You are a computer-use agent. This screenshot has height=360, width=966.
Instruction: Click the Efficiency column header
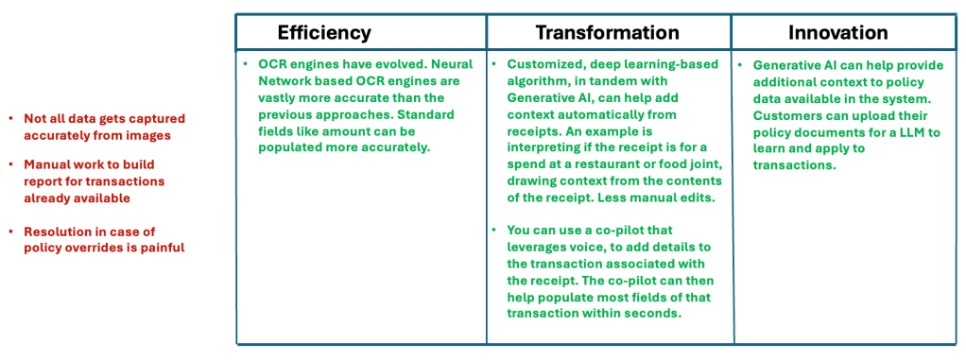pyautogui.click(x=324, y=33)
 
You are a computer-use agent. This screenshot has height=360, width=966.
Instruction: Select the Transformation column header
pyautogui.click(x=607, y=33)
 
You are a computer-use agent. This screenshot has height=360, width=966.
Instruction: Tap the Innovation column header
pyautogui.click(x=837, y=33)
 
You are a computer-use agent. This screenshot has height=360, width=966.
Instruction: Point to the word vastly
pyautogui.click(x=277, y=98)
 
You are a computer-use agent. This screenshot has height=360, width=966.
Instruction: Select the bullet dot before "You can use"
pyautogui.click(x=494, y=231)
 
